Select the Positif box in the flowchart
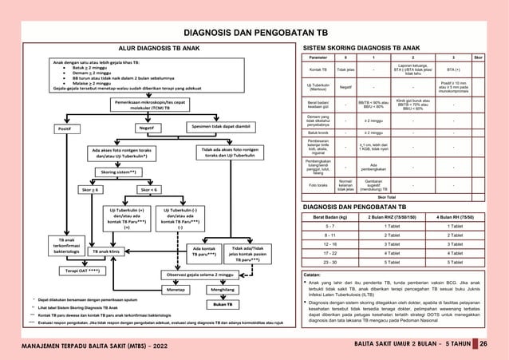pyautogui.click(x=64, y=128)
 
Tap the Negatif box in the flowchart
pyautogui.click(x=146, y=127)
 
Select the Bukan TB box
pyautogui.click(x=218, y=304)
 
